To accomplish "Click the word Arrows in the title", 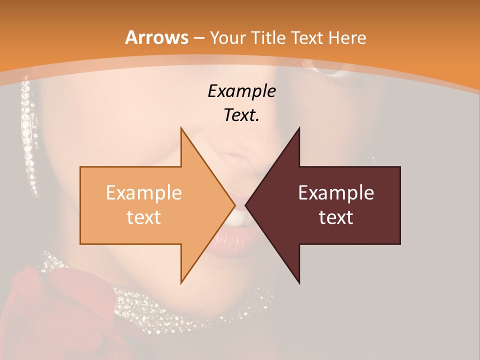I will coord(156,37).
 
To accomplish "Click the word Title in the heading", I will coord(269,38).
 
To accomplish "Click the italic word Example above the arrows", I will coord(241,91).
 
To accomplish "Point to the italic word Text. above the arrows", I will coord(241,115).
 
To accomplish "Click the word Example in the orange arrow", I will coord(144,193).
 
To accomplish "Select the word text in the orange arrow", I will coord(144,217).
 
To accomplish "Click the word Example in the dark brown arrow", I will coord(336,193).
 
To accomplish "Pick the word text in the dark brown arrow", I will coord(336,217).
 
